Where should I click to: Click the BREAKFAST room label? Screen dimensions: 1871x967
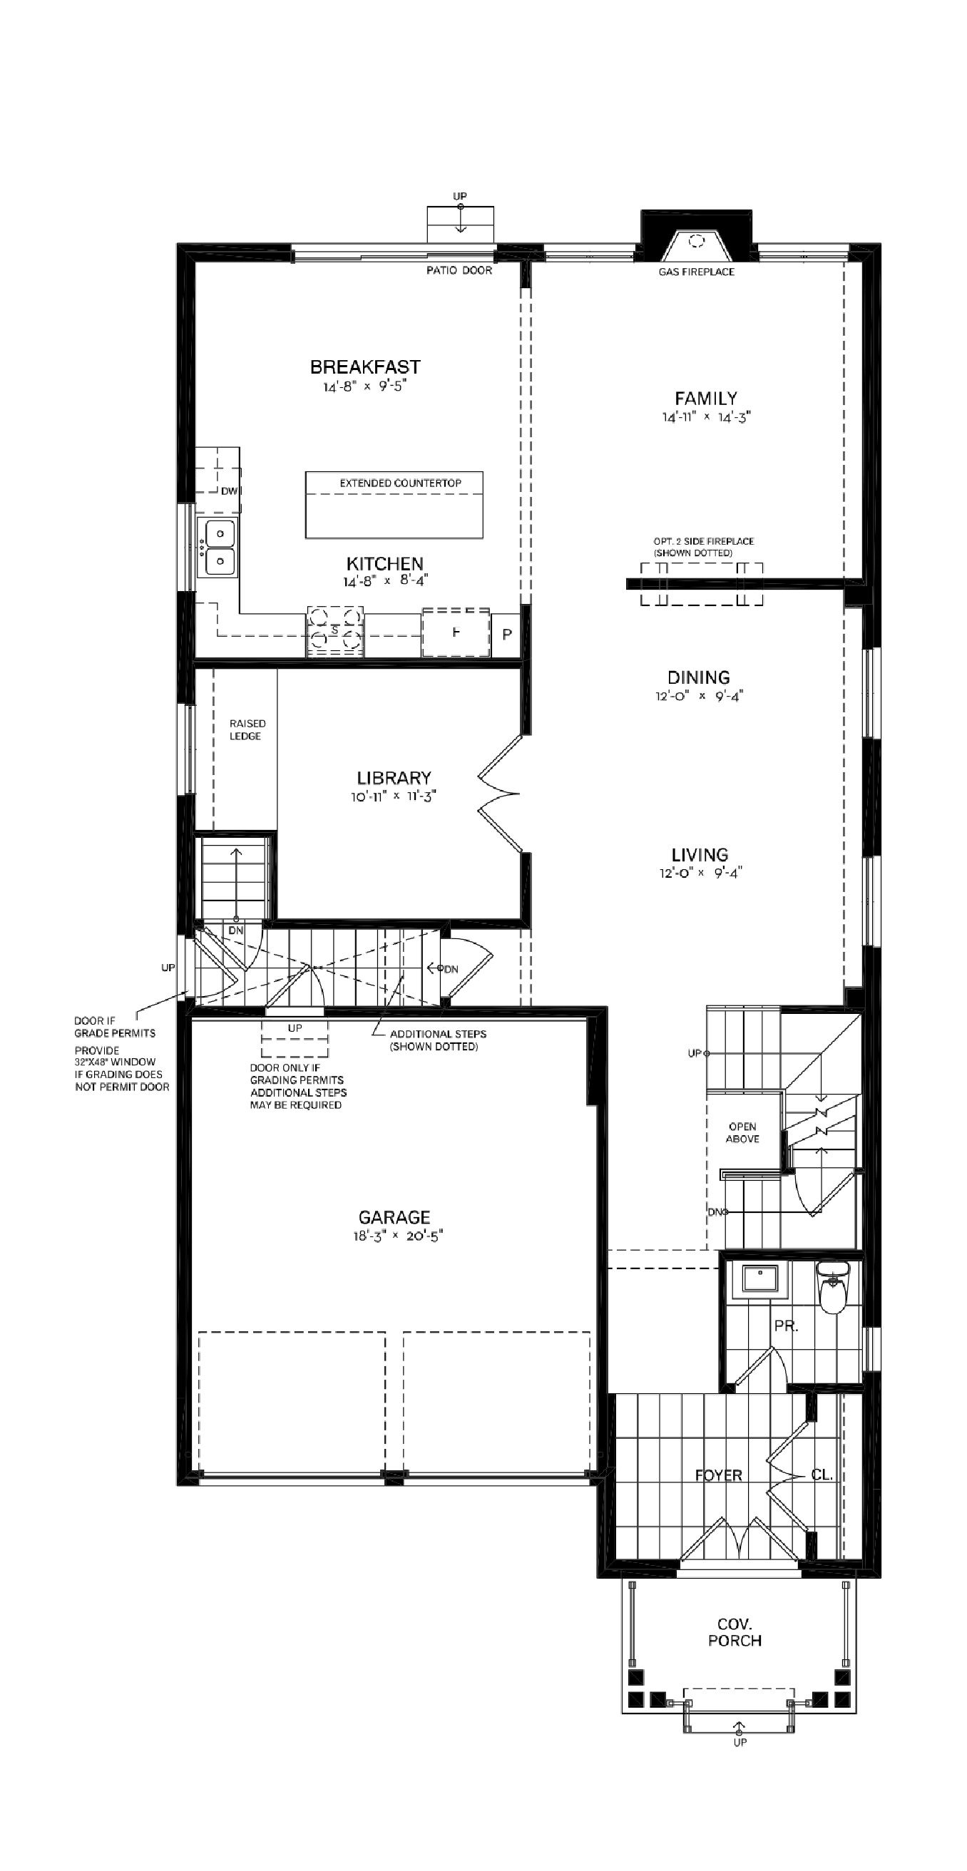tap(364, 366)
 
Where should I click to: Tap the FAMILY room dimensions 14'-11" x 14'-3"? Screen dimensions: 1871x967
tap(705, 418)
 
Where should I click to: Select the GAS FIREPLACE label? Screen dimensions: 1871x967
tap(696, 272)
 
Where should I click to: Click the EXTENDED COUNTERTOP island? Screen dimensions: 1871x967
tap(394, 505)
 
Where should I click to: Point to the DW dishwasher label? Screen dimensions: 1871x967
tap(229, 491)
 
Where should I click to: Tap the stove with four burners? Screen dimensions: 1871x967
tap(334, 631)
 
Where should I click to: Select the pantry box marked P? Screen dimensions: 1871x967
tap(506, 634)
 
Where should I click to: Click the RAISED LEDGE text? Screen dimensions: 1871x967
tap(247, 729)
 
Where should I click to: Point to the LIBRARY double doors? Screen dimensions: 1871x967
tap(500, 793)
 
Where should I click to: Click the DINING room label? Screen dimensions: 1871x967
tap(698, 677)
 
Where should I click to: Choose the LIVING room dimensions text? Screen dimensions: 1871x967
tap(700, 873)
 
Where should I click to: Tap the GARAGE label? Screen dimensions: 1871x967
tap(394, 1216)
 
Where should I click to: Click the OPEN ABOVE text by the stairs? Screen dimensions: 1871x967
tap(742, 1132)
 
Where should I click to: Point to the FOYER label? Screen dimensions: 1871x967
tap(718, 1475)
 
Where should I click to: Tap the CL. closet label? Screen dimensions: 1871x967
tap(822, 1475)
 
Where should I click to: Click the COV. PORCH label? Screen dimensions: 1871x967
tap(735, 1632)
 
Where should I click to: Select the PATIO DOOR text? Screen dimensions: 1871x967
tap(459, 270)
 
